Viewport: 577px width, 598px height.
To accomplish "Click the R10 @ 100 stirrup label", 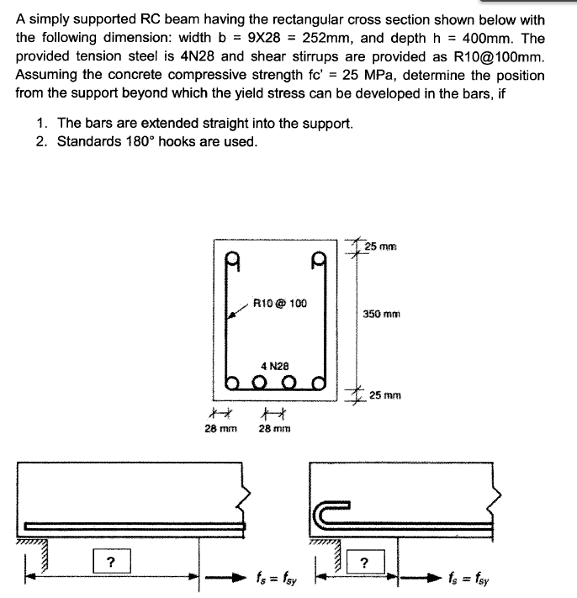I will tap(280, 303).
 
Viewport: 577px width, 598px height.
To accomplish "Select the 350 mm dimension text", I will tap(381, 314).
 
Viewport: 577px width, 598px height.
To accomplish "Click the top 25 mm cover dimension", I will tap(384, 246).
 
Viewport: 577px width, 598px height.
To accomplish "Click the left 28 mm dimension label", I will tap(221, 427).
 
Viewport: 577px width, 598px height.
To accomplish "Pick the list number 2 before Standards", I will tap(42, 140).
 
